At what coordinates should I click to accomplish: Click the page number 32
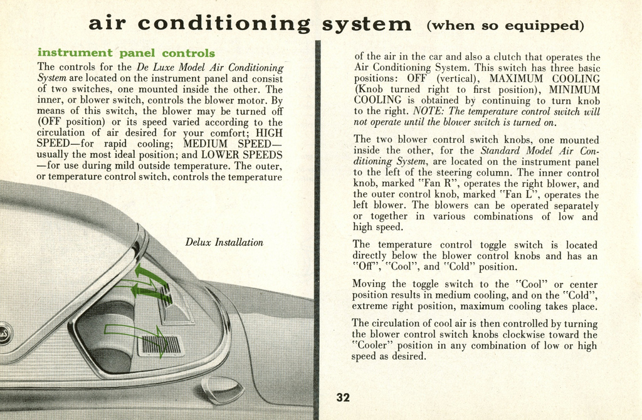coord(343,397)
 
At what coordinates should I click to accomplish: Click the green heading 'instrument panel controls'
coord(126,53)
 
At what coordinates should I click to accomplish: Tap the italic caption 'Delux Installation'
coord(224,242)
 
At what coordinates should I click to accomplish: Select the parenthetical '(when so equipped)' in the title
coord(505,26)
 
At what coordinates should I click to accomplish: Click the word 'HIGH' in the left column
coord(269,133)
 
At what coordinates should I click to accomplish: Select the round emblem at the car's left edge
coord(3,332)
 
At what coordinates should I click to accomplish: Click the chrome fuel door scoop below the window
coord(223,389)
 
